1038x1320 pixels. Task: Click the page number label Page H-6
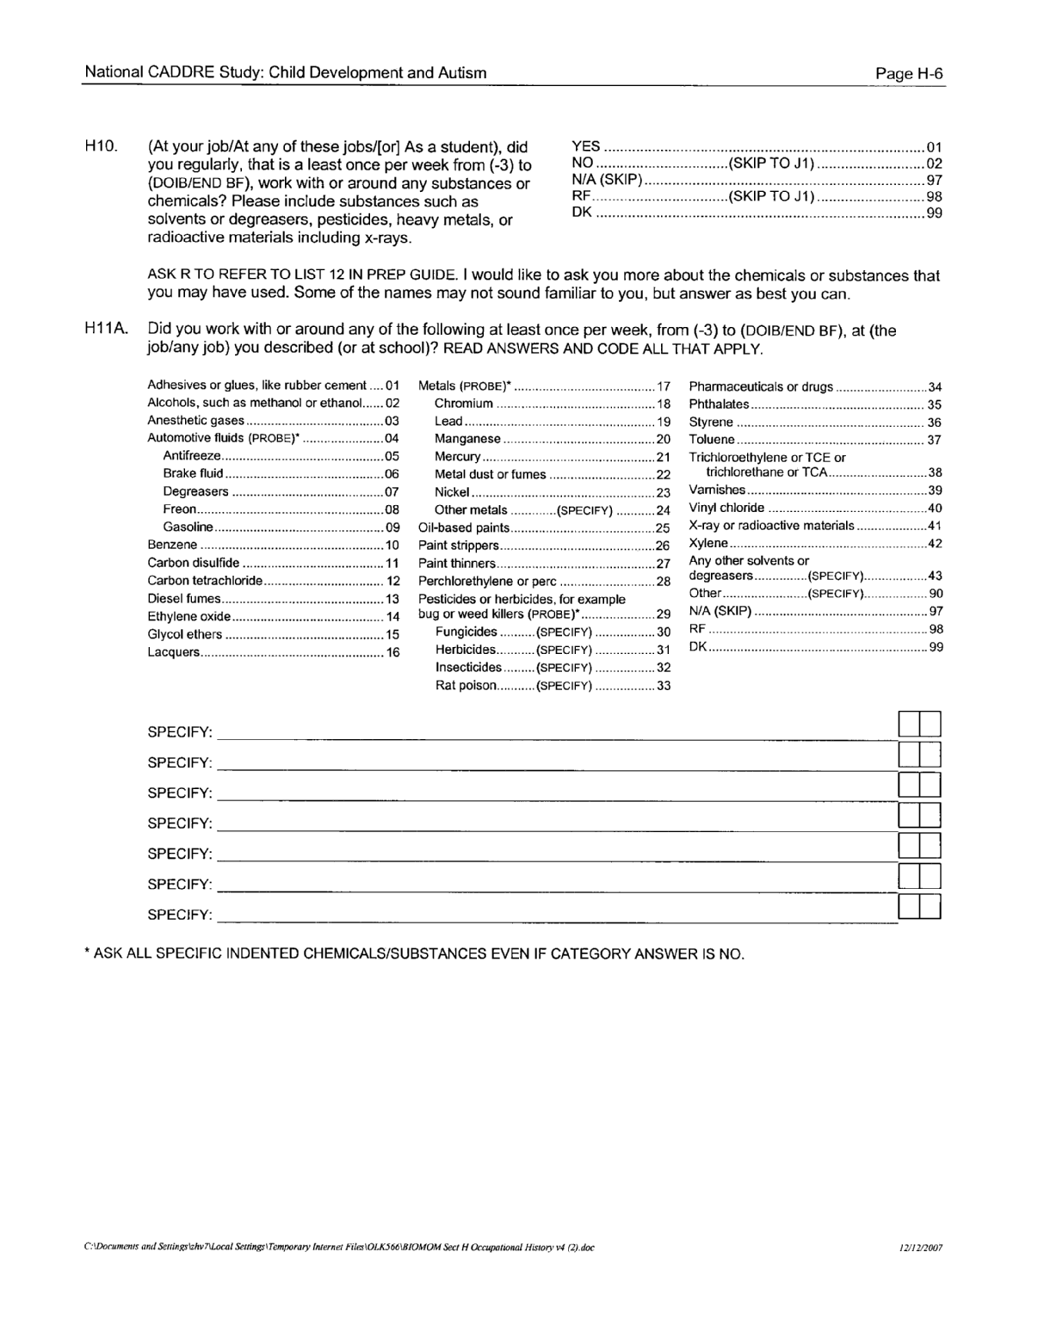909,74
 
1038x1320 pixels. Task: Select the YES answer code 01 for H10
934,147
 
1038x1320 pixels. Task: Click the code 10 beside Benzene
392,546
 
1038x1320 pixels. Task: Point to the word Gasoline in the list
188,527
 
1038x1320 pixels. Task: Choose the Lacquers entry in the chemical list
174,653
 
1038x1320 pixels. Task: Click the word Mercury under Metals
457,457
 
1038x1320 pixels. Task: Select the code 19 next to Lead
663,422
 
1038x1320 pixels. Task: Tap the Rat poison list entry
466,686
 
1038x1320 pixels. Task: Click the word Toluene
712,440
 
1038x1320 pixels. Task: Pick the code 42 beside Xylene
935,544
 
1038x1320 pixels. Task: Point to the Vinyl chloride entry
726,508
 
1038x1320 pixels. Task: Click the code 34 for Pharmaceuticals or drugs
935,387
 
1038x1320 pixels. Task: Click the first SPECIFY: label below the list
179,733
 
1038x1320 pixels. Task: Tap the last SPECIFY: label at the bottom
179,915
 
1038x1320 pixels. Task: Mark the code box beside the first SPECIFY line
918,724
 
